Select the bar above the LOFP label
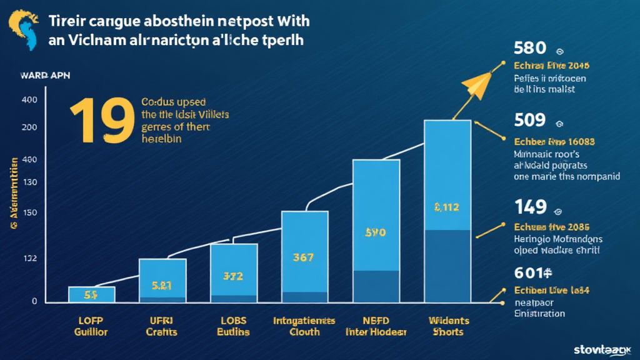pyautogui.click(x=91, y=294)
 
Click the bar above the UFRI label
pyautogui.click(x=162, y=281)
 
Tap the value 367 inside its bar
pyautogui.click(x=304, y=257)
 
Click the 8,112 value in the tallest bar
pyautogui.click(x=447, y=207)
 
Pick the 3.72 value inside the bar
pyautogui.click(x=233, y=275)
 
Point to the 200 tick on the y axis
pyautogui.click(x=29, y=127)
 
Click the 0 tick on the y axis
pyautogui.click(x=34, y=301)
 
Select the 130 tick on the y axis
pyautogui.click(x=29, y=182)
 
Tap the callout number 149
pyautogui.click(x=530, y=206)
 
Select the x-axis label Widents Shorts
pyautogui.click(x=447, y=326)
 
